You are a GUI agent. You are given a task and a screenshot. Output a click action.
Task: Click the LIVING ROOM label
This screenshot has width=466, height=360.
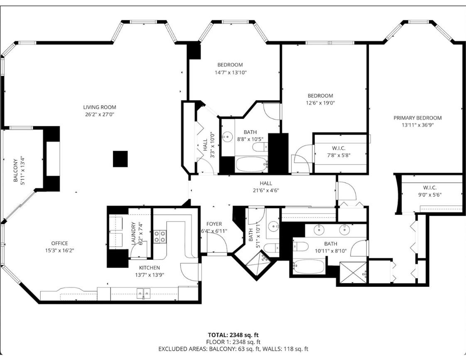pos(99,107)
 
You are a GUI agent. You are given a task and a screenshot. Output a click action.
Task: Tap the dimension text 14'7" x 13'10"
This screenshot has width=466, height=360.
pos(231,72)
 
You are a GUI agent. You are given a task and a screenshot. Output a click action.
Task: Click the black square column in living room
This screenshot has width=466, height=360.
pos(120,159)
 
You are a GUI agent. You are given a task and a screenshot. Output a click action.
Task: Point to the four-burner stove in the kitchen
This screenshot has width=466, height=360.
pos(160,237)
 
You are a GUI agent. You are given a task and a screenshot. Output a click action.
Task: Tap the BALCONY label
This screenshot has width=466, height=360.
pos(15,170)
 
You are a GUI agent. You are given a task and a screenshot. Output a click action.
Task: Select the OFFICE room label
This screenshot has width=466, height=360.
pos(59,243)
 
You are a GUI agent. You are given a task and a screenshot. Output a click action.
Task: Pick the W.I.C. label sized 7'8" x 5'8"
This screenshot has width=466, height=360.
pos(339,148)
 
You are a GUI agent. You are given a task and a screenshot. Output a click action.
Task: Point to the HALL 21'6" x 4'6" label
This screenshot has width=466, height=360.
pos(266,183)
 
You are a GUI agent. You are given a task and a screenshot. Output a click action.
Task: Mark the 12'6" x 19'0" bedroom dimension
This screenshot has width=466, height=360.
pos(320,103)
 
